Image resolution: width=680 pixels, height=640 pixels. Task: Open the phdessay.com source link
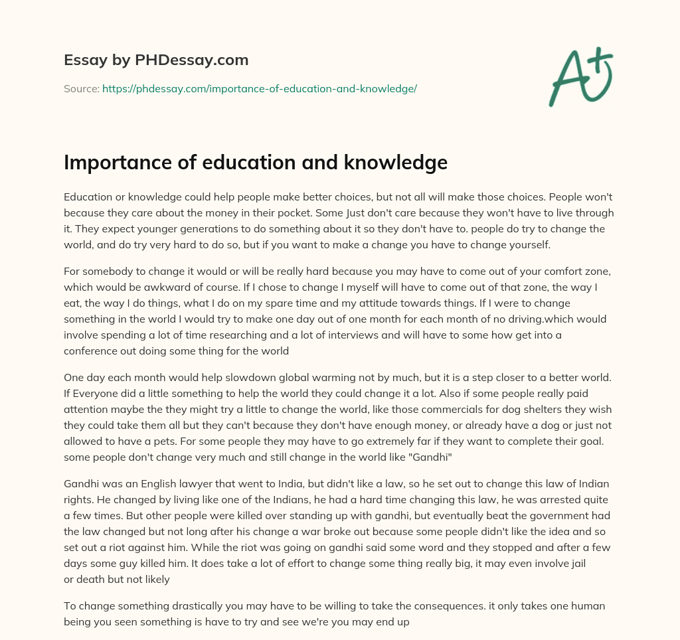click(259, 88)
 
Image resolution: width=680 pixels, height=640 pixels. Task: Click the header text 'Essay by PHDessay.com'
click(156, 60)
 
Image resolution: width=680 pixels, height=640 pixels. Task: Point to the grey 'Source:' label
click(82, 88)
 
